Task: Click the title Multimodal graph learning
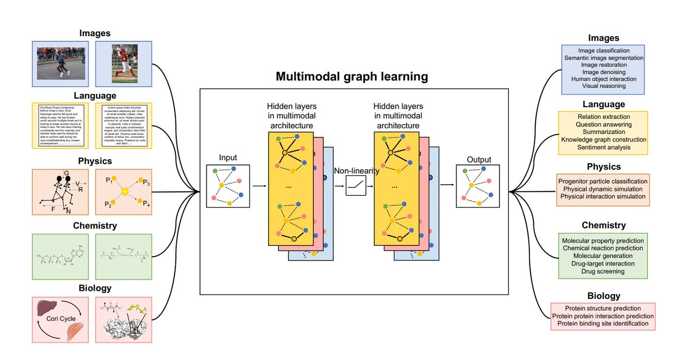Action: [x=351, y=77]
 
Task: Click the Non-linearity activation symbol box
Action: [x=356, y=186]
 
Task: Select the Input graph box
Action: [x=228, y=186]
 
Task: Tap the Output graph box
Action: [x=477, y=186]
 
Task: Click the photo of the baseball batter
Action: [x=124, y=63]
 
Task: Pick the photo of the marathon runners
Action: [x=61, y=63]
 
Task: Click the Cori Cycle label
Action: [x=61, y=319]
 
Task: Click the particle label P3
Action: [x=147, y=183]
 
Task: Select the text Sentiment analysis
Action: [x=604, y=147]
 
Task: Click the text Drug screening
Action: [x=603, y=271]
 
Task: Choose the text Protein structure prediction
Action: [x=603, y=308]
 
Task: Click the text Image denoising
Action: [x=603, y=72]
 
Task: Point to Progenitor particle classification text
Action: [x=603, y=181]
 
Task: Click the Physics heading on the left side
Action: [x=95, y=161]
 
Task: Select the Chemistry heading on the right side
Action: [x=604, y=225]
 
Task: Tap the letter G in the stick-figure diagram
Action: [x=67, y=173]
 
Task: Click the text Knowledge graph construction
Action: [x=604, y=140]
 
